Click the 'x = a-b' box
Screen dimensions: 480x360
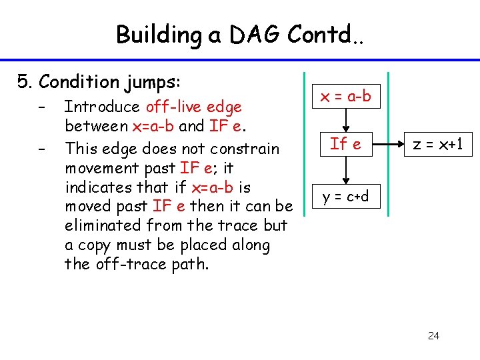[x=346, y=97]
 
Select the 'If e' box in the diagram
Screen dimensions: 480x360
[x=346, y=143]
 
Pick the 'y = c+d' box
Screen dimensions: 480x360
[x=346, y=196]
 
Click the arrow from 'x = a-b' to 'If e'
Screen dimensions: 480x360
[x=346, y=120]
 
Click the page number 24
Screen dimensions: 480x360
[x=433, y=335]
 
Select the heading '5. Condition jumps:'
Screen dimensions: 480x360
[x=99, y=82]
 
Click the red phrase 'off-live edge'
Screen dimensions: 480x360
[x=193, y=107]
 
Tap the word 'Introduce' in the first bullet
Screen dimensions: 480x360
[x=102, y=107]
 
